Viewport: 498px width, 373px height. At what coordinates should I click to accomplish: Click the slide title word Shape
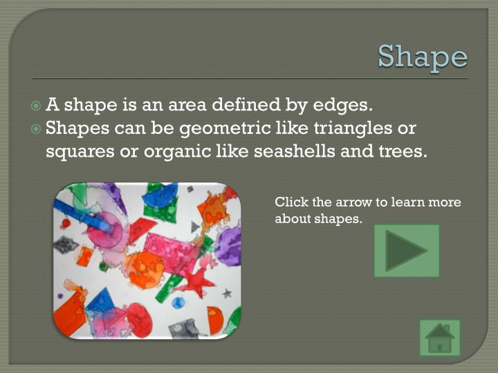point(423,56)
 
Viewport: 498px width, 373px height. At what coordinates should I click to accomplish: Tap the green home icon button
point(440,338)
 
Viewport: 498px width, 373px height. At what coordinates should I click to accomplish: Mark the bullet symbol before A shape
point(37,106)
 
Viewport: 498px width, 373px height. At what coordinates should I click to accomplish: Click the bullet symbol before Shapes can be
point(37,128)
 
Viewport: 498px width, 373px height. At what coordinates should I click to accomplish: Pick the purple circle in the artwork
point(228,245)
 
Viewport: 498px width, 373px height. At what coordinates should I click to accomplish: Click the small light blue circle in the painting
point(178,302)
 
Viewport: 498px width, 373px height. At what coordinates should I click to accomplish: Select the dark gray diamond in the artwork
point(66,245)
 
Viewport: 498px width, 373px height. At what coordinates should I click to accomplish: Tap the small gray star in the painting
point(227,293)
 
